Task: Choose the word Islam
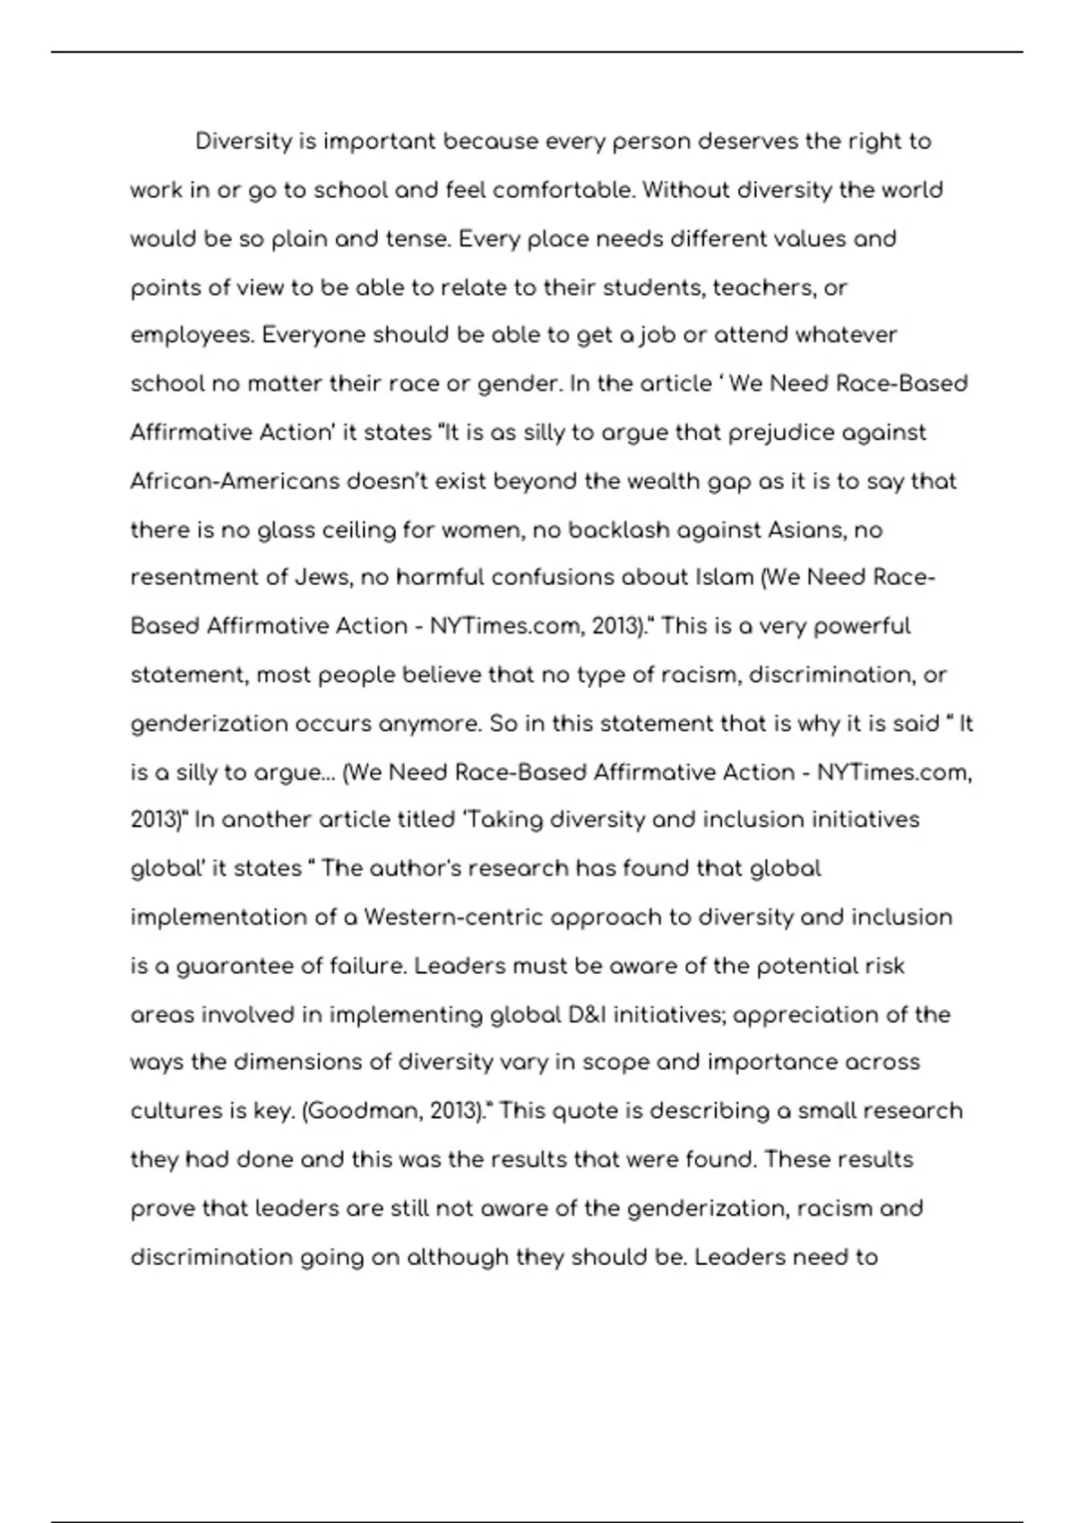(x=724, y=578)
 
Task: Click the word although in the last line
(x=457, y=1257)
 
